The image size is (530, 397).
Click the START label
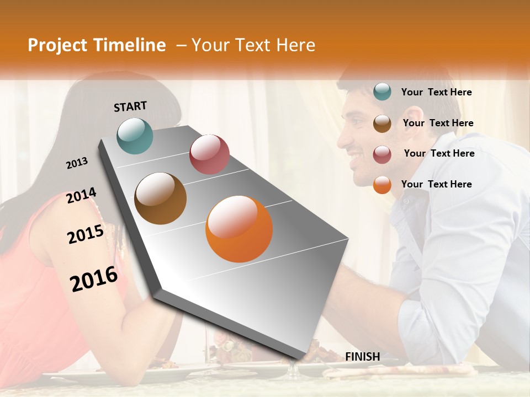tap(130, 106)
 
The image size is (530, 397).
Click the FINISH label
tap(362, 357)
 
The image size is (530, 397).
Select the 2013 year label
tap(77, 163)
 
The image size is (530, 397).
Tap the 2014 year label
tap(81, 196)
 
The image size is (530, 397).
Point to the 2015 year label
tap(86, 234)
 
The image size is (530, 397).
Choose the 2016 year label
tap(94, 278)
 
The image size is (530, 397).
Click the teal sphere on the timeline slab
tap(135, 136)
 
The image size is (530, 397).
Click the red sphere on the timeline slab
tap(209, 154)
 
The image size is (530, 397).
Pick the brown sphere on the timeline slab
tap(161, 198)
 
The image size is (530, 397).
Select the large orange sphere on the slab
tap(239, 229)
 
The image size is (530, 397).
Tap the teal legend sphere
tap(382, 92)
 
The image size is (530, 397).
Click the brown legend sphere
tap(382, 123)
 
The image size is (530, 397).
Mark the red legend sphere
tap(382, 154)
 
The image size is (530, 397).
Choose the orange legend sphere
tap(382, 185)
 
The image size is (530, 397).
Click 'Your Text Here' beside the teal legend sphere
tap(436, 92)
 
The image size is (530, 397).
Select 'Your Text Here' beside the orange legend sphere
tap(436, 184)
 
